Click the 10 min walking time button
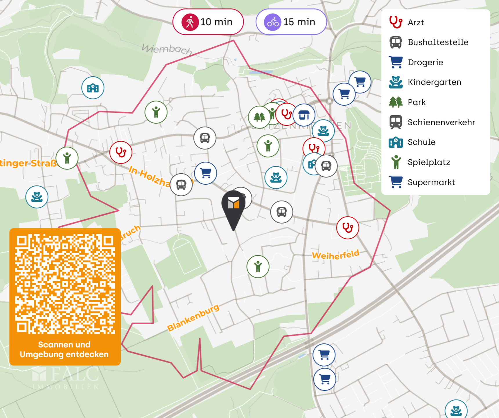tap(208, 22)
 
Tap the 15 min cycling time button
tap(291, 22)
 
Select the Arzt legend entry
tap(416, 22)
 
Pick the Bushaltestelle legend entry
tap(437, 42)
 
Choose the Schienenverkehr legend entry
tap(441, 122)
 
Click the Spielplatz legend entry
tap(429, 162)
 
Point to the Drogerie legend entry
tap(425, 62)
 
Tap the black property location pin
tap(234, 208)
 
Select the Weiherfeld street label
tap(335, 255)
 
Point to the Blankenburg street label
tap(193, 318)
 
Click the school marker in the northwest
tap(93, 88)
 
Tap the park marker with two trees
tap(259, 117)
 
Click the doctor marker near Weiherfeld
tap(348, 228)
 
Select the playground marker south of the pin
tap(258, 266)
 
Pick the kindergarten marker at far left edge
tap(37, 197)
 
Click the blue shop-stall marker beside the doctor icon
tap(304, 115)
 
